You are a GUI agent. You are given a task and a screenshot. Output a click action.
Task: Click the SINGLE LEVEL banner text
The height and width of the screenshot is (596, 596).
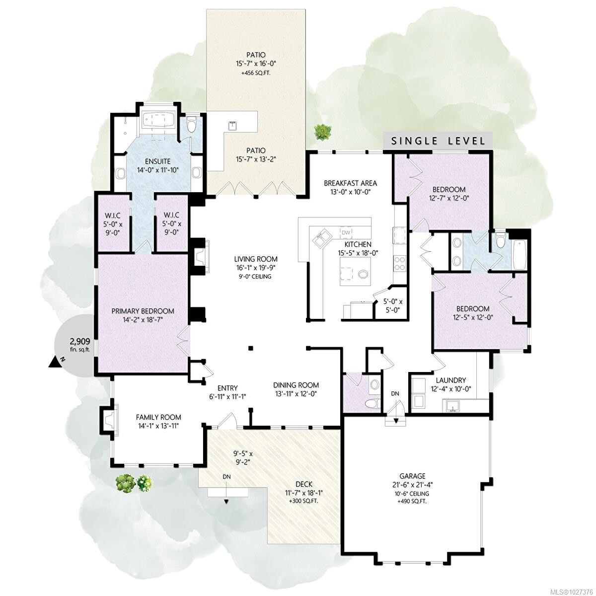[x=438, y=141]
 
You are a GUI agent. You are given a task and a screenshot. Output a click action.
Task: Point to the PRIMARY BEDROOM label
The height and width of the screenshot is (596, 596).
[x=143, y=311]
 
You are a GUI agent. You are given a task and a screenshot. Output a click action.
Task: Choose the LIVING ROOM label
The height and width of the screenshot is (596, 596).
[x=256, y=259]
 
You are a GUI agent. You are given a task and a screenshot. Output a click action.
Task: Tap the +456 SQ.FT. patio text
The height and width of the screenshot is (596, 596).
[x=256, y=73]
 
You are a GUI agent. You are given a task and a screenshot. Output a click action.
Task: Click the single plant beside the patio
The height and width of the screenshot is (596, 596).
[x=322, y=132]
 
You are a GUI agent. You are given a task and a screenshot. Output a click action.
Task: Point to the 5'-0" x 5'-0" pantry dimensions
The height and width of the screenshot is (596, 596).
[x=393, y=306]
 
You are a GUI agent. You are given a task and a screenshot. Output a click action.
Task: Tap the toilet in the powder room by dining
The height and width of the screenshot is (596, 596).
[x=371, y=403]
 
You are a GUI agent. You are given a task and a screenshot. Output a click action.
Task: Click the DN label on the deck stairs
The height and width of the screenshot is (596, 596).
[x=226, y=476]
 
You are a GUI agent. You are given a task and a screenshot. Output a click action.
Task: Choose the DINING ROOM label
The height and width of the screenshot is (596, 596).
[x=296, y=385]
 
